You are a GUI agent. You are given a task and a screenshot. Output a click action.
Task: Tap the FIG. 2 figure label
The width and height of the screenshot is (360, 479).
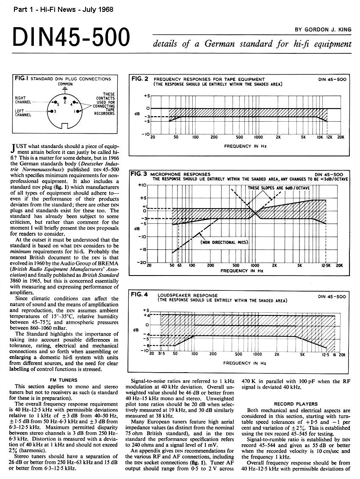coord(140,78)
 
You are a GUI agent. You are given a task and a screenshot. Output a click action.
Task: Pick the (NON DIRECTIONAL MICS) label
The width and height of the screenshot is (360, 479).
coord(224,242)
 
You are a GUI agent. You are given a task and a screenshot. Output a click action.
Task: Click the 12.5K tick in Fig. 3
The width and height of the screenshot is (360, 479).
coord(325,266)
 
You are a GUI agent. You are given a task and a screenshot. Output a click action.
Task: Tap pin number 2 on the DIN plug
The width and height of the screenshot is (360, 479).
coord(64,102)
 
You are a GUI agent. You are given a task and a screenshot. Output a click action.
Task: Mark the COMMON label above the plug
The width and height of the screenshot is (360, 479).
coord(65,84)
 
